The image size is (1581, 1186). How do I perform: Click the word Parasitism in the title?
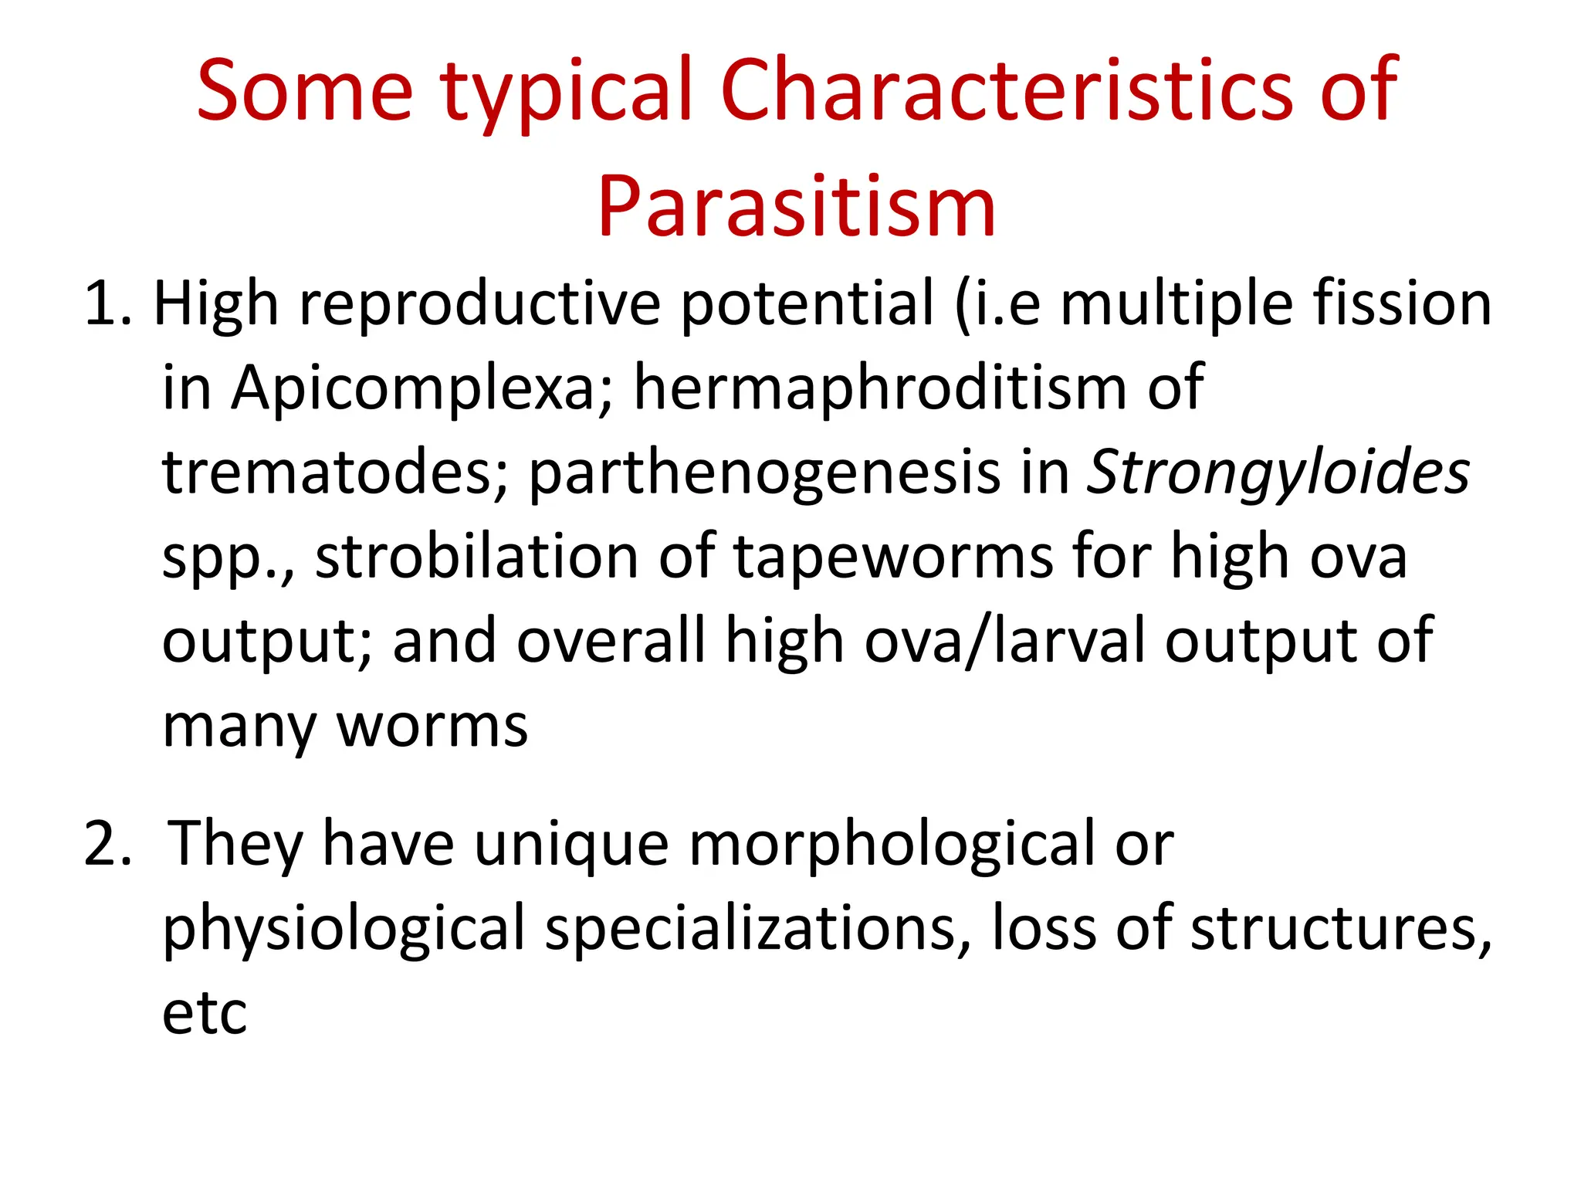[x=797, y=207]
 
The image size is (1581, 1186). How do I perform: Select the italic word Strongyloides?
[x=1278, y=472]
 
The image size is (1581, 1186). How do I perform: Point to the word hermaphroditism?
[x=880, y=388]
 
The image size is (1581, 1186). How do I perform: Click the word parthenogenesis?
[x=764, y=472]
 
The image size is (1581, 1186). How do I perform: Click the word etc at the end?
[x=205, y=1012]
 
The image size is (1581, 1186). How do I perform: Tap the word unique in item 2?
[x=571, y=844]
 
